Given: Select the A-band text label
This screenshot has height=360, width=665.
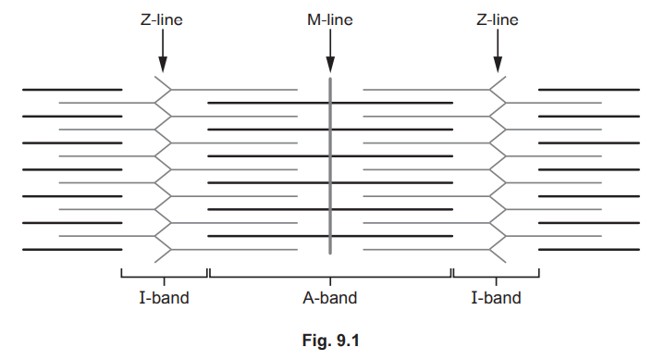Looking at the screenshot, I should point(330,298).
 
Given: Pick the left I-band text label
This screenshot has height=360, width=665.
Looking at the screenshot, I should point(164,298).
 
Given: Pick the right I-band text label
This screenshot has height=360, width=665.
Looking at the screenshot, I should point(497,298).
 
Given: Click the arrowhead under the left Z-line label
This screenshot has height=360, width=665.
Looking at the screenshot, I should point(163,65).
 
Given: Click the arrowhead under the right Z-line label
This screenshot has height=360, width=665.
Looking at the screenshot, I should point(498,65).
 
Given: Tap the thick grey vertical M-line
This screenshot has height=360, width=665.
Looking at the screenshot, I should point(330,167).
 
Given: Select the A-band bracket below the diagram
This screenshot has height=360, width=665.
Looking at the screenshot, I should point(330,274).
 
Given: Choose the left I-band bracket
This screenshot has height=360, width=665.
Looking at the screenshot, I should point(164,274).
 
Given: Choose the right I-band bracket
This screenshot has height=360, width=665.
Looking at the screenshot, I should point(496,274).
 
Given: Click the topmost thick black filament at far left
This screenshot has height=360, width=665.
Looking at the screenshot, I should point(72,90).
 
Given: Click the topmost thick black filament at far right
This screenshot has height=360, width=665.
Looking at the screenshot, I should point(588,90).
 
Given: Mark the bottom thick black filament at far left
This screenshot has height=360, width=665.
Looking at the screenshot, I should point(72,250).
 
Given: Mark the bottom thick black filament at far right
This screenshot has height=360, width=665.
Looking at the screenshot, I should point(588,250).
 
